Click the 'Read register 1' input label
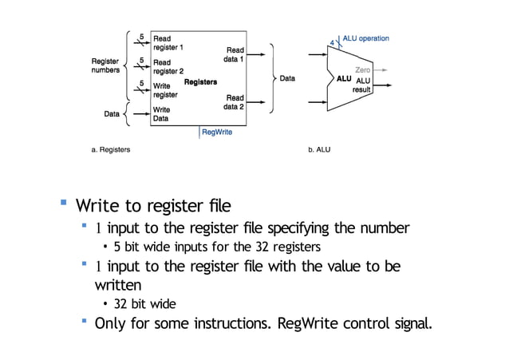click(168, 43)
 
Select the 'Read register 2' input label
click(168, 67)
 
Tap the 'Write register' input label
click(165, 90)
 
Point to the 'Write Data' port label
click(162, 114)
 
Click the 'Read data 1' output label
click(235, 54)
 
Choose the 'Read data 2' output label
click(235, 102)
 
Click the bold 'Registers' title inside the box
click(200, 82)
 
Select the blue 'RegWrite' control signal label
click(217, 132)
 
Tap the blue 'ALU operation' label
click(365, 38)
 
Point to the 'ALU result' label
click(363, 85)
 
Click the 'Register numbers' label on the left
click(105, 65)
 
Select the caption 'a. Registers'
click(110, 149)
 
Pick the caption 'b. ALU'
click(319, 149)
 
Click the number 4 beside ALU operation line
click(332, 42)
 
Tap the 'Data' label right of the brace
click(287, 78)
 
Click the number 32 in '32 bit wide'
click(121, 304)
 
